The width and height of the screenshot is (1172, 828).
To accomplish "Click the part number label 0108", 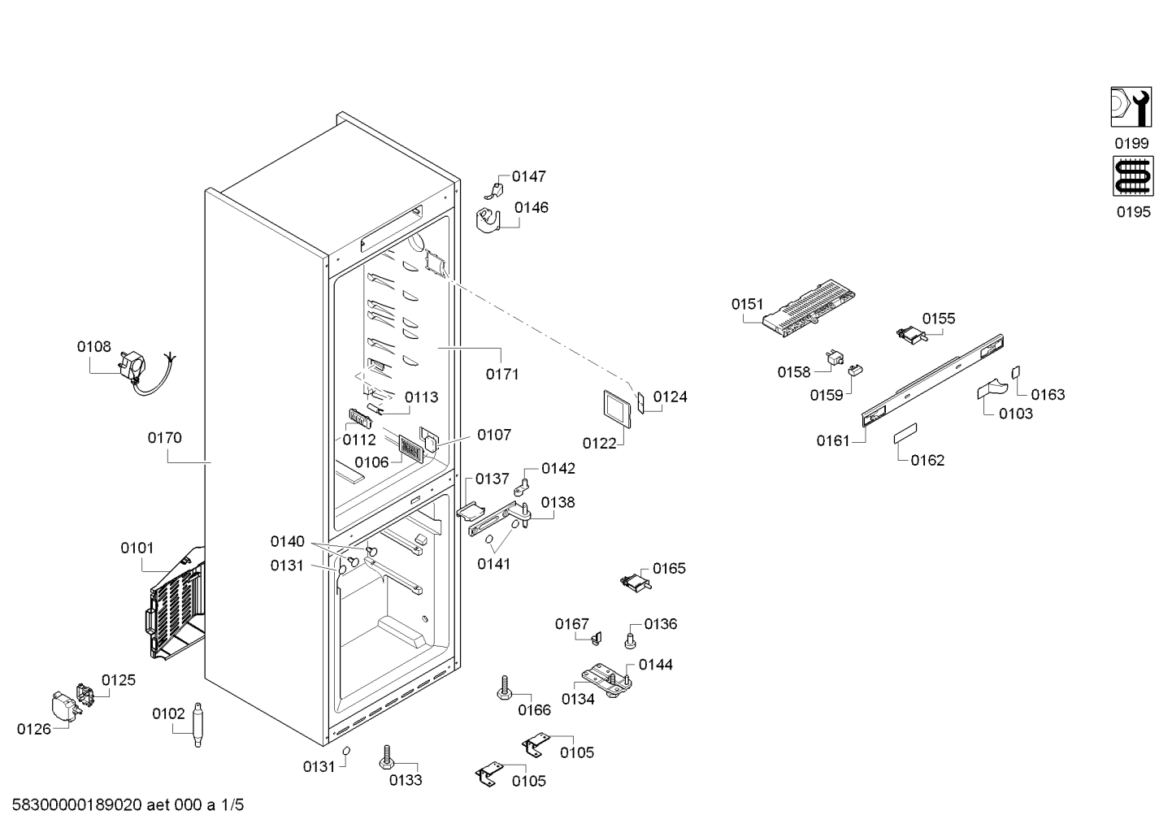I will coord(94,347).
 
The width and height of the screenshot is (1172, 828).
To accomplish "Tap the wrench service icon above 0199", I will coord(1131,107).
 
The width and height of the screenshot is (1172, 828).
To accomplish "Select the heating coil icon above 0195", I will coord(1132,176).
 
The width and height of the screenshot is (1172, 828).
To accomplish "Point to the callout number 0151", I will coord(748,304).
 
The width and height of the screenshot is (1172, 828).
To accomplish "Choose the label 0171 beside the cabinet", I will coord(502,375).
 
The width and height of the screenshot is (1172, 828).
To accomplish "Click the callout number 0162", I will coord(927,461).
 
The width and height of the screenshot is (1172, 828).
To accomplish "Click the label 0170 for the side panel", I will coord(165,438).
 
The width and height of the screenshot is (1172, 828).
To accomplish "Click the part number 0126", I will coord(34,729).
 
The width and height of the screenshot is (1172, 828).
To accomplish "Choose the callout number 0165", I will coord(669,569).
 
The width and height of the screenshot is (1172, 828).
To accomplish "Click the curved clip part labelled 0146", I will coord(489,220).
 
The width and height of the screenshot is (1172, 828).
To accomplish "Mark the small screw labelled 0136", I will coord(630,640).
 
